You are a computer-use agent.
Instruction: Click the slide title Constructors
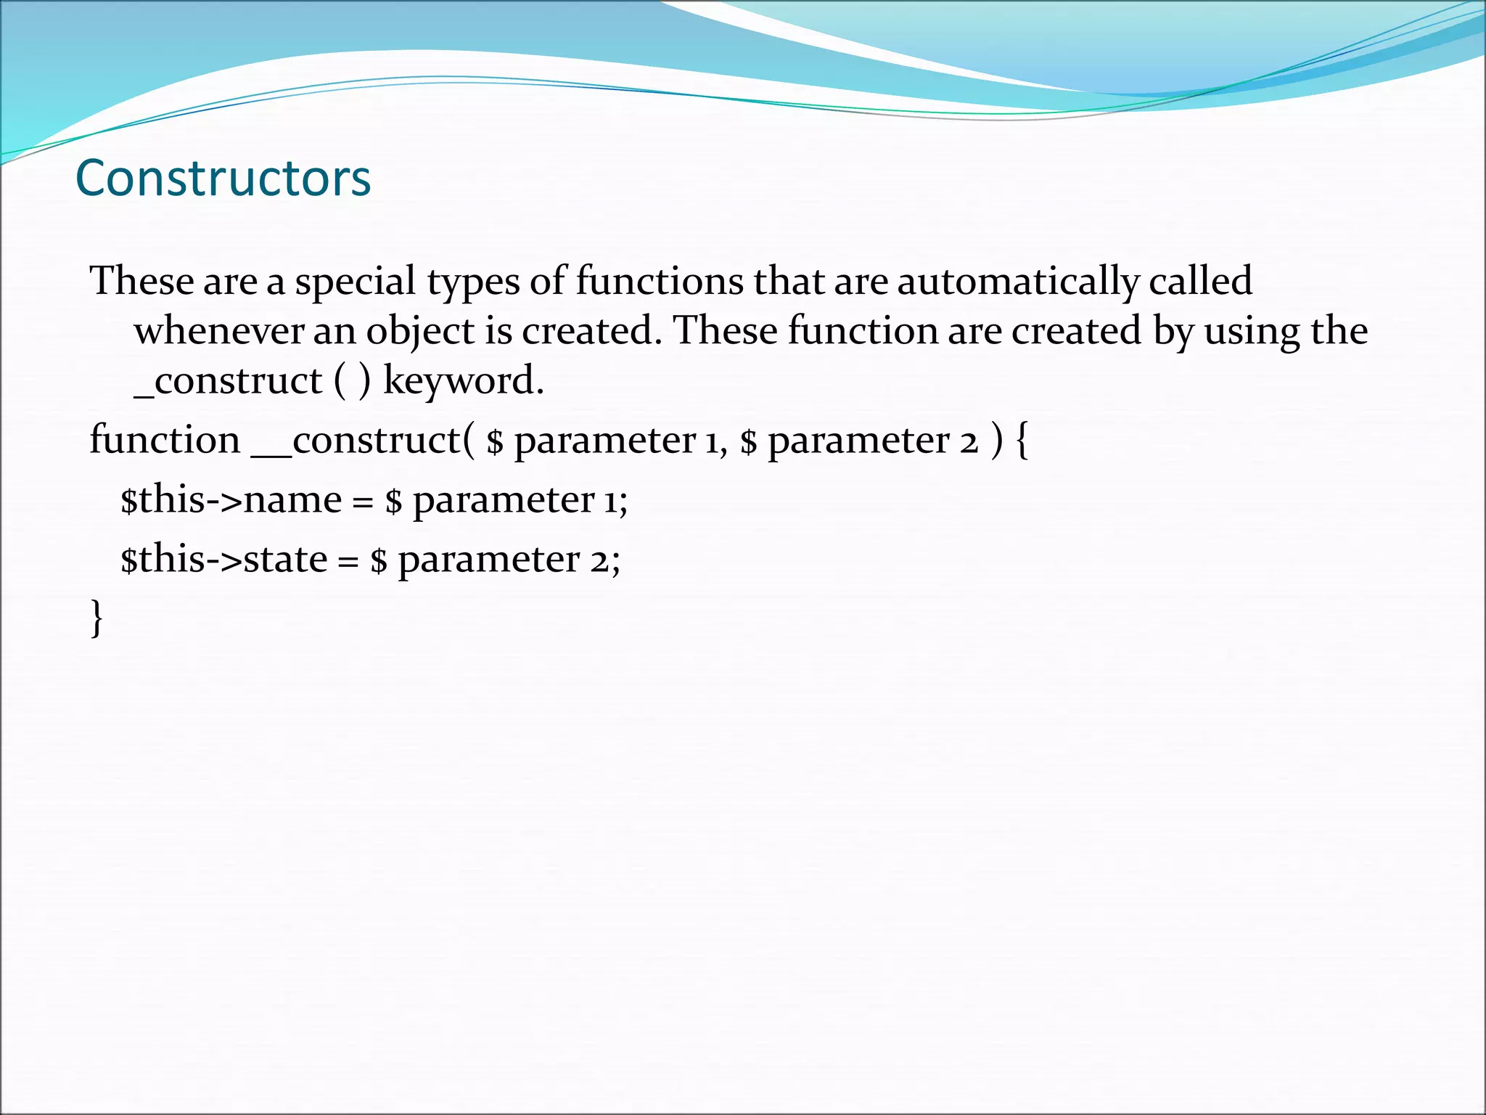(x=223, y=178)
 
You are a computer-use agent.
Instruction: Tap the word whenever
(x=218, y=331)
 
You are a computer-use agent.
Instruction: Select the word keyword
(x=463, y=380)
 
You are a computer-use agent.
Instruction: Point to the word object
(x=420, y=331)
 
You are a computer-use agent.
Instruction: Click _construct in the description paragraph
(x=228, y=380)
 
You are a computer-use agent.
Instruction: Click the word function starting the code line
(x=165, y=440)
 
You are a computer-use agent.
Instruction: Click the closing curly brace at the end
(x=96, y=618)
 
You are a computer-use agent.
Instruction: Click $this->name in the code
(x=231, y=499)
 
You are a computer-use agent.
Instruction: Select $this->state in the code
(x=223, y=559)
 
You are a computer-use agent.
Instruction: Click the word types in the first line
(x=473, y=281)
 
